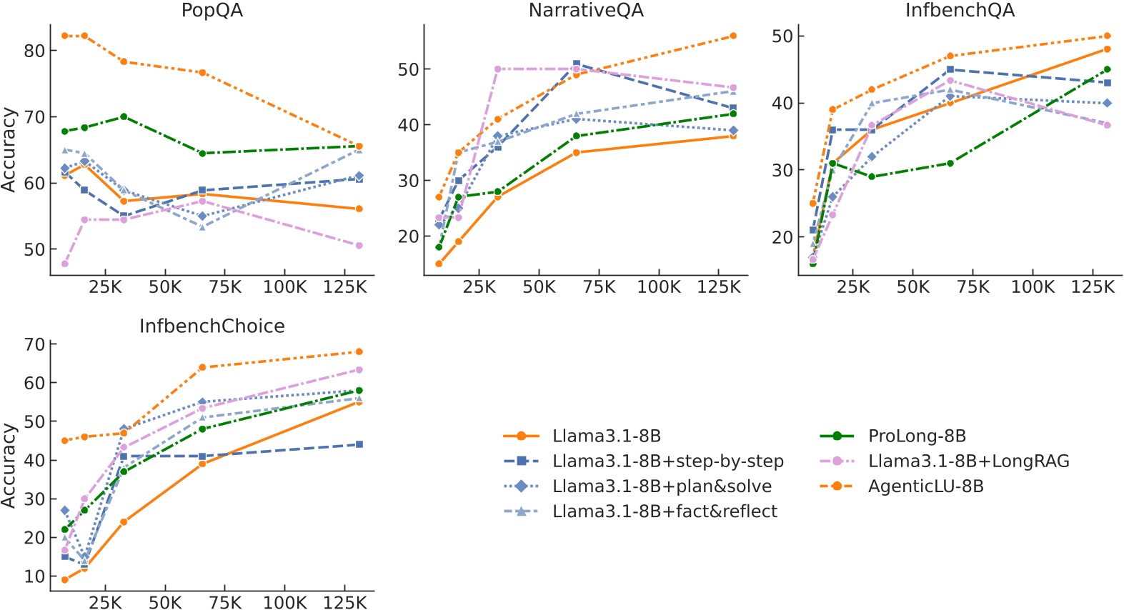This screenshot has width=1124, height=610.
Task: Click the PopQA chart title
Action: pyautogui.click(x=212, y=11)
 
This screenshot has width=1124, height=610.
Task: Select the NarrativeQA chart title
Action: pyautogui.click(x=586, y=11)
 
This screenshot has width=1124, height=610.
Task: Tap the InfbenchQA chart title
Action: pyautogui.click(x=960, y=11)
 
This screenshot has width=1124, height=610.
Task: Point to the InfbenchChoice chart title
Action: pyautogui.click(x=212, y=326)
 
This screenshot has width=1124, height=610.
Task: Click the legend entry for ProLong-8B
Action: pyautogui.click(x=917, y=436)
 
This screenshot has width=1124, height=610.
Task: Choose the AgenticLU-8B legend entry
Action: pyautogui.click(x=925, y=486)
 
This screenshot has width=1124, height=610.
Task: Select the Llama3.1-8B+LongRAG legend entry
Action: pyautogui.click(x=968, y=461)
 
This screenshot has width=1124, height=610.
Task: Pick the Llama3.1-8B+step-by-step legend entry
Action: pyautogui.click(x=667, y=461)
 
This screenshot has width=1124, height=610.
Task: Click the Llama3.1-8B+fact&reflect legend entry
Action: pyautogui.click(x=665, y=511)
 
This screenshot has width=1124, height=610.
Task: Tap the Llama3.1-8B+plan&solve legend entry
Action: pyautogui.click(x=662, y=486)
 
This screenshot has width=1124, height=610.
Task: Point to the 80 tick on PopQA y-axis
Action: pyautogui.click(x=34, y=51)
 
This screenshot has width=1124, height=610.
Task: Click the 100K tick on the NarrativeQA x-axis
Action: pyautogui.click(x=659, y=287)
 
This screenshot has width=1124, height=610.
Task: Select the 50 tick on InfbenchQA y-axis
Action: pyautogui.click(x=782, y=36)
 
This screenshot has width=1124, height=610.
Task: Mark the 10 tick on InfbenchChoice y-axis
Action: pyautogui.click(x=34, y=576)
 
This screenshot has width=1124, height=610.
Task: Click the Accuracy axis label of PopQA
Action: pyautogui.click(x=9, y=150)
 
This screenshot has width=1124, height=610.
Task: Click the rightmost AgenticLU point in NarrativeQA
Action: pyautogui.click(x=733, y=36)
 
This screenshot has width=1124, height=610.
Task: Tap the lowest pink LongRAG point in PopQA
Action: pyautogui.click(x=65, y=264)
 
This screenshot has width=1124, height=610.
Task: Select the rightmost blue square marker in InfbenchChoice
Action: pyautogui.click(x=359, y=444)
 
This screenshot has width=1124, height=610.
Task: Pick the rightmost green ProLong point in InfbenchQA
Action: pyautogui.click(x=1108, y=69)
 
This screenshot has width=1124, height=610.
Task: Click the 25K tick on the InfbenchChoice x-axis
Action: pyautogui.click(x=105, y=603)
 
